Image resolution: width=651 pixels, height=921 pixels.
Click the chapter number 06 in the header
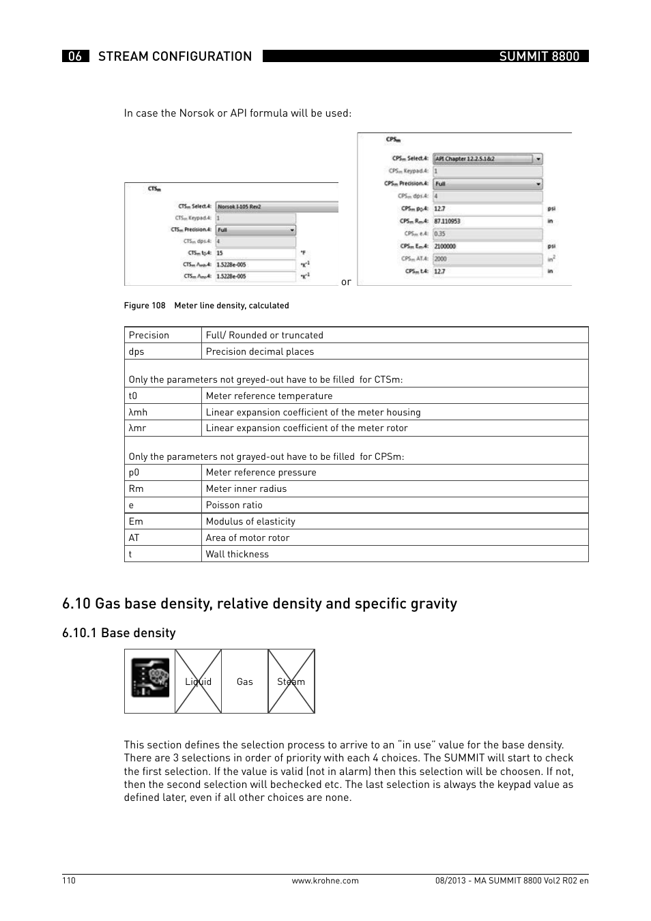click(75, 56)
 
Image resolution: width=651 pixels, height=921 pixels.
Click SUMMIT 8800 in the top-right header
click(538, 56)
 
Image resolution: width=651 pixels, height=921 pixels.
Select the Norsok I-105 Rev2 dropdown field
click(276, 206)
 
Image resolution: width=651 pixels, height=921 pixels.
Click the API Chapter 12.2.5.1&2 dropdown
click(487, 159)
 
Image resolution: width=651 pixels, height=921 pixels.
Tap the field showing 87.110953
click(487, 221)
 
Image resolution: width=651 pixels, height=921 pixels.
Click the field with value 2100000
click(487, 246)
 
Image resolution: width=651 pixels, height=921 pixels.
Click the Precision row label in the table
click(149, 335)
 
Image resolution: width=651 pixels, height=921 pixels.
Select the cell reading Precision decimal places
click(260, 351)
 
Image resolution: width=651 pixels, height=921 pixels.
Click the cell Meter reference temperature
click(269, 396)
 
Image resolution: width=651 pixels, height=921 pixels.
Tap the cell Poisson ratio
click(234, 505)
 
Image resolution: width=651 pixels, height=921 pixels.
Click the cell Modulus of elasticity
click(250, 521)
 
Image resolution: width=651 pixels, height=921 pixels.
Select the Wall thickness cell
click(237, 554)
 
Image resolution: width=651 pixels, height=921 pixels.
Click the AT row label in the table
click(134, 538)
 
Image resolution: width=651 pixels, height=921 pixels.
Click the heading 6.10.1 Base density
click(119, 633)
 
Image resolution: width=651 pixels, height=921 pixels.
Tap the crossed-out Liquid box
click(198, 682)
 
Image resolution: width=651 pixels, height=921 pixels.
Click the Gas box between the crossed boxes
click(244, 682)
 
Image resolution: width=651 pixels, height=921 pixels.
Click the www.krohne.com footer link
click(325, 881)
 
